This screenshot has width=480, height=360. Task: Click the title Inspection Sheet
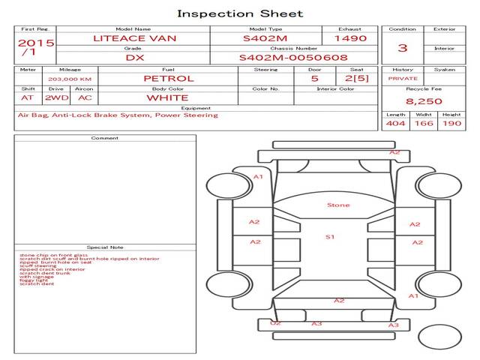pyautogui.click(x=240, y=13)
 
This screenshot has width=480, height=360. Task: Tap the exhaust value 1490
pyautogui.click(x=350, y=37)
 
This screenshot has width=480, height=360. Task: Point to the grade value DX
pyautogui.click(x=134, y=57)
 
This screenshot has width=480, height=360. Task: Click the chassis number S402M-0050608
pyautogui.click(x=293, y=57)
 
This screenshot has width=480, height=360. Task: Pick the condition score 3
pyautogui.click(x=403, y=48)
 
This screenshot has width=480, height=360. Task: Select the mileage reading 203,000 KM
pyautogui.click(x=70, y=78)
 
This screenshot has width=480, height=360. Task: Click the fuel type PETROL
pyautogui.click(x=168, y=78)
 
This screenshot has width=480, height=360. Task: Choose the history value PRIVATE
pyautogui.click(x=403, y=78)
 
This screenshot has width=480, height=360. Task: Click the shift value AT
pyautogui.click(x=28, y=97)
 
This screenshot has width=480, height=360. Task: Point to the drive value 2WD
pyautogui.click(x=55, y=97)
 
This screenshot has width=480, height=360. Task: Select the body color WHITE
pyautogui.click(x=167, y=97)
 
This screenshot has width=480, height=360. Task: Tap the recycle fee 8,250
pyautogui.click(x=424, y=100)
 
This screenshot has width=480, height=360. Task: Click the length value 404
pyautogui.click(x=394, y=123)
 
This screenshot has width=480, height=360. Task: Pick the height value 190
pyautogui.click(x=451, y=123)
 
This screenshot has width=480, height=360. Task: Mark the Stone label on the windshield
pyautogui.click(x=338, y=205)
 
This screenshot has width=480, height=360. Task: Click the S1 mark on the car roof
pyautogui.click(x=329, y=237)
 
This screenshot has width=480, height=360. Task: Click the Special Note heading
pyautogui.click(x=105, y=247)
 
